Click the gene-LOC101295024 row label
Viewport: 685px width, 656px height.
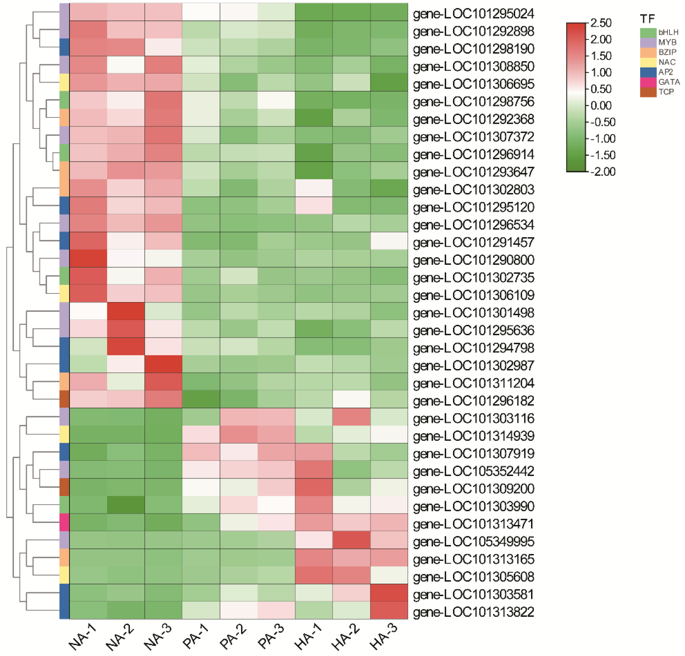tap(473, 14)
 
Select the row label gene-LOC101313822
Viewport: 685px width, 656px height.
tap(473, 612)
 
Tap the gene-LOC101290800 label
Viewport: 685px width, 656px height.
tap(473, 260)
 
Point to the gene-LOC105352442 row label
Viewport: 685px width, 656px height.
tap(473, 471)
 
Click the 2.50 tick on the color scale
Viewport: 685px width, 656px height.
tap(601, 23)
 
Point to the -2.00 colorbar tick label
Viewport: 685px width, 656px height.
tap(602, 172)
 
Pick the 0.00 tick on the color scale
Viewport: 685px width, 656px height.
tap(601, 105)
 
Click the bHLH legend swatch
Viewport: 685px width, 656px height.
tap(648, 32)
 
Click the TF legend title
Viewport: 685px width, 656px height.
tap(647, 18)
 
